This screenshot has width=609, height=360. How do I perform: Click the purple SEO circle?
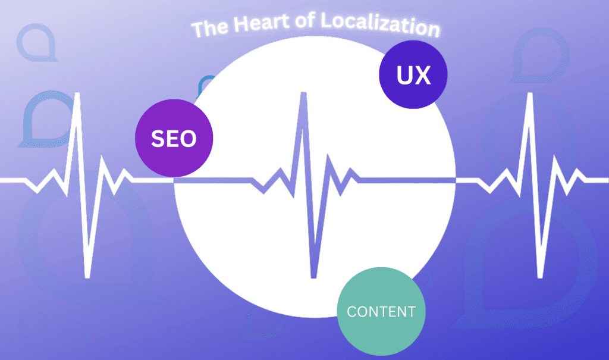point(174,138)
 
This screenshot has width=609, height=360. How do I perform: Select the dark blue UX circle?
point(413,74)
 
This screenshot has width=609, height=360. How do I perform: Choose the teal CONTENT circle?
point(381,311)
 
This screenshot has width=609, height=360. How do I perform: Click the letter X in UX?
point(423,75)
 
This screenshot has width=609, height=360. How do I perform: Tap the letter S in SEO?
point(158,139)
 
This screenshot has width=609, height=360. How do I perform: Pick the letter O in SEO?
point(188,139)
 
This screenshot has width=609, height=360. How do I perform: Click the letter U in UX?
point(404,75)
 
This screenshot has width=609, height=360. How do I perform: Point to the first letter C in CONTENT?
point(351,311)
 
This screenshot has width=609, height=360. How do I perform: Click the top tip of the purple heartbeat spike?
point(303,93)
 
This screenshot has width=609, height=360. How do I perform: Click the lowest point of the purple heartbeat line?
point(313,277)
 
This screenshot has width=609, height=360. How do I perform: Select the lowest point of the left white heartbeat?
point(87,277)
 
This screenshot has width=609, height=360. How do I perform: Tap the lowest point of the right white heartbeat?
point(540,277)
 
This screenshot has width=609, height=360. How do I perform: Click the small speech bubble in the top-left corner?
point(37,42)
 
